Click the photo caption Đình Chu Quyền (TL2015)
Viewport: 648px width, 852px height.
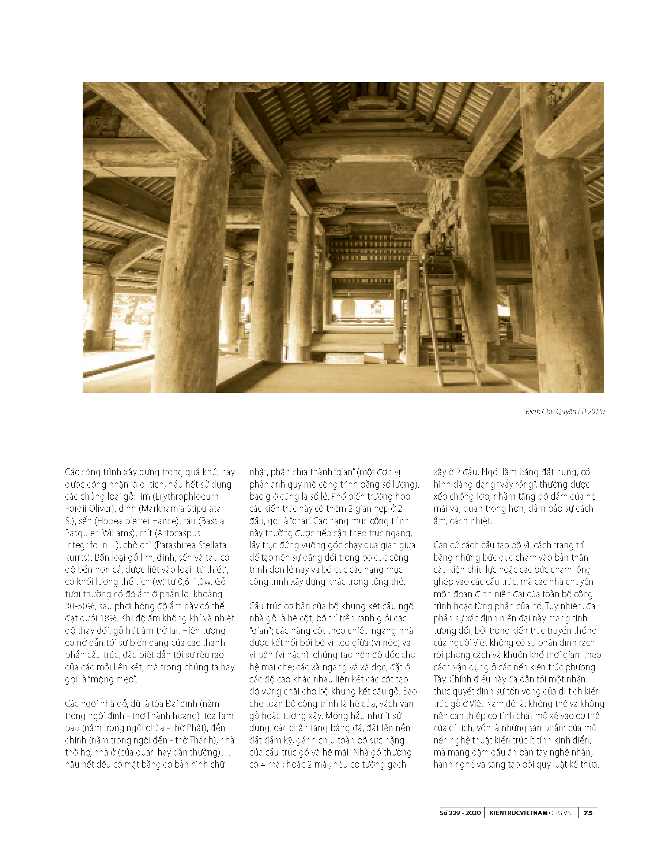(x=565, y=412)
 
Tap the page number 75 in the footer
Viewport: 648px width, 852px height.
(x=588, y=813)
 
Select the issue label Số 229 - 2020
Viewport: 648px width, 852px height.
(x=460, y=813)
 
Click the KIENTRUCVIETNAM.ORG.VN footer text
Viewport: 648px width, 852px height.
(x=530, y=813)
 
